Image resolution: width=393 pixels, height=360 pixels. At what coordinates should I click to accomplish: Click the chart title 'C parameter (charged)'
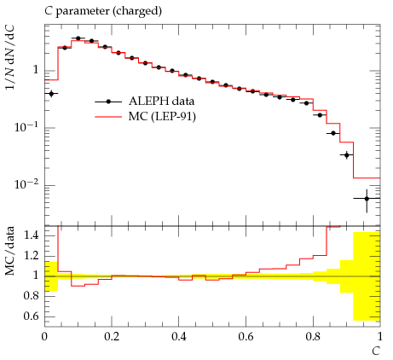coord(103,11)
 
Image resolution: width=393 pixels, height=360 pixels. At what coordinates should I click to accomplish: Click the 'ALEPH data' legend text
coord(161,102)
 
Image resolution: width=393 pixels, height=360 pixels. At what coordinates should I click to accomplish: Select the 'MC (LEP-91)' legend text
coord(162,117)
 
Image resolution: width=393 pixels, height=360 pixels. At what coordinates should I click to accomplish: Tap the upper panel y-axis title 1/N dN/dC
coord(9,58)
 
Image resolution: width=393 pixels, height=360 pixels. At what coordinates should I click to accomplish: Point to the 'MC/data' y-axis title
coord(9,251)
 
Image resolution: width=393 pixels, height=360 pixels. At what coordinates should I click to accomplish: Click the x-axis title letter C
coord(376,351)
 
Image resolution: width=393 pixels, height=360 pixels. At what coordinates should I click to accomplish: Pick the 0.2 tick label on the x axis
coord(112,337)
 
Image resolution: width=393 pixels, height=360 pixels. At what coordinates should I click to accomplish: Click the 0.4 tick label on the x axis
coord(179,337)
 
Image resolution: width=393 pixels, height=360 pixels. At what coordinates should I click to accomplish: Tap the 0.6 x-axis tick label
coord(246,337)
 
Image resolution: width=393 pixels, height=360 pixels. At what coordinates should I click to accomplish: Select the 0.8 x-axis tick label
coord(313,337)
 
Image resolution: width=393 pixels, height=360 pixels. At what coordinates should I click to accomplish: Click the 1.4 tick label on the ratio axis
coord(31,235)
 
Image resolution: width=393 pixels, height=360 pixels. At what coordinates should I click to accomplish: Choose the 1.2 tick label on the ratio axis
coord(31,256)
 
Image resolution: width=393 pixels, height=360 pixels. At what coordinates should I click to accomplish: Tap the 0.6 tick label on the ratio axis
coord(31,316)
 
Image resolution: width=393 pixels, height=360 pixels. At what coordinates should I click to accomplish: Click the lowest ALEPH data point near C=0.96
coord(367,199)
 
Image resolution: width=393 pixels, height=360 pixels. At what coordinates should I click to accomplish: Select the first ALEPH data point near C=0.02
coord(51,93)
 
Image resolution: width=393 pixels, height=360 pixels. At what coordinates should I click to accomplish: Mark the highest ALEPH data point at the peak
coord(78,38)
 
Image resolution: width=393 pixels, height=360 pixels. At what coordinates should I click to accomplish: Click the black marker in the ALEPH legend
coord(108,102)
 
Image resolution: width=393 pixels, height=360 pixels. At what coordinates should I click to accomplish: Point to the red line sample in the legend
coord(108,117)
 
